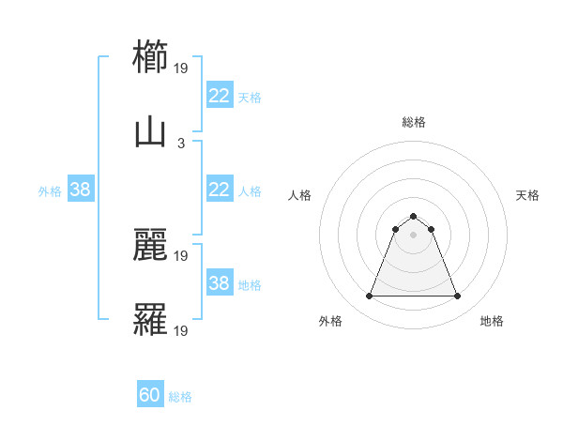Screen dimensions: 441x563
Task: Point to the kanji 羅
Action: (x=151, y=321)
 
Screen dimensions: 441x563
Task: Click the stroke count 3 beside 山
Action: (x=181, y=144)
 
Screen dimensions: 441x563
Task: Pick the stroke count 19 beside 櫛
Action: (x=181, y=68)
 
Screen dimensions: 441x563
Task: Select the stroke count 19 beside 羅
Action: (x=181, y=331)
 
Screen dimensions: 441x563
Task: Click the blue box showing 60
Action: (x=150, y=396)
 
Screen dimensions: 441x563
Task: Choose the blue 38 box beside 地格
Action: (x=219, y=283)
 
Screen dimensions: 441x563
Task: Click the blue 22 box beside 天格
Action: (x=219, y=96)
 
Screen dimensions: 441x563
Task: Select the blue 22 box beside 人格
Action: (x=219, y=190)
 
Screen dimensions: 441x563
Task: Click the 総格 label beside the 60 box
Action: (x=180, y=397)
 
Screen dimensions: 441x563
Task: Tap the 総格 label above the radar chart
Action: (x=413, y=122)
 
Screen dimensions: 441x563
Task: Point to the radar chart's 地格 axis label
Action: (x=492, y=321)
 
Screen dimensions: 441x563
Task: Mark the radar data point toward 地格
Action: (x=457, y=297)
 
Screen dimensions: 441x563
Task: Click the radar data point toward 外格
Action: (x=369, y=297)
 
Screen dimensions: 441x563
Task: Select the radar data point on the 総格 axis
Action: (x=413, y=216)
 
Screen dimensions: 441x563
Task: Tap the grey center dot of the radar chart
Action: (x=413, y=235)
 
